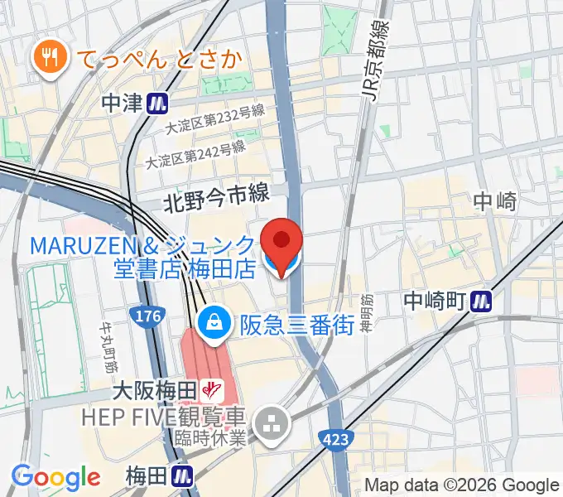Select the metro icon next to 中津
[x=157, y=103]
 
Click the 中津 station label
[x=123, y=103]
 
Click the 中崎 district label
[x=496, y=200]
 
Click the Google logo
[x=55, y=477]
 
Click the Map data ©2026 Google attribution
[x=462, y=485]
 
